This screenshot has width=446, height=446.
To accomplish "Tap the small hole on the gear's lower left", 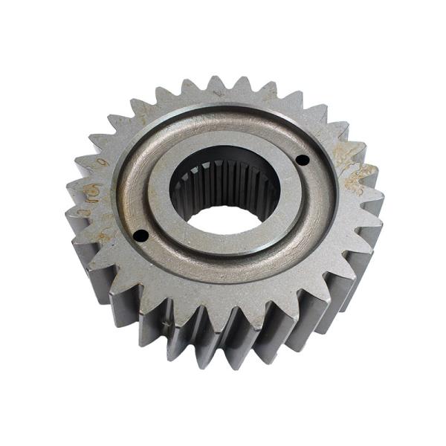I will tap(140, 236).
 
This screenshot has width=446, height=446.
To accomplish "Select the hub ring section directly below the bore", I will tap(223, 249).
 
